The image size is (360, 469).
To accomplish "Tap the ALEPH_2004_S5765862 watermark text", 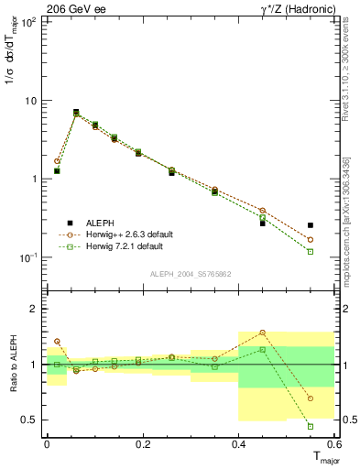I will (190, 274).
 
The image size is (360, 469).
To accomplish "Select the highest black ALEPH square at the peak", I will (76, 112).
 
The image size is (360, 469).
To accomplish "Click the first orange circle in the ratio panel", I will (57, 341).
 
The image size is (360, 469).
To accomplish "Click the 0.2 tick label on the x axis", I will (142, 444).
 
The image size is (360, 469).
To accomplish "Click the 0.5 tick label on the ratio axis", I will (29, 420).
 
